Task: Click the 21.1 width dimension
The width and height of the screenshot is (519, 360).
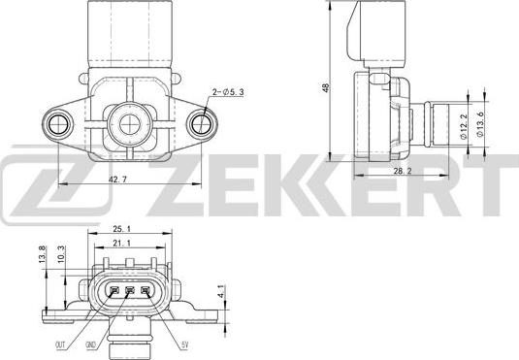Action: coord(123,245)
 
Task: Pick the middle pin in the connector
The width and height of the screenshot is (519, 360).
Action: coord(131,293)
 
